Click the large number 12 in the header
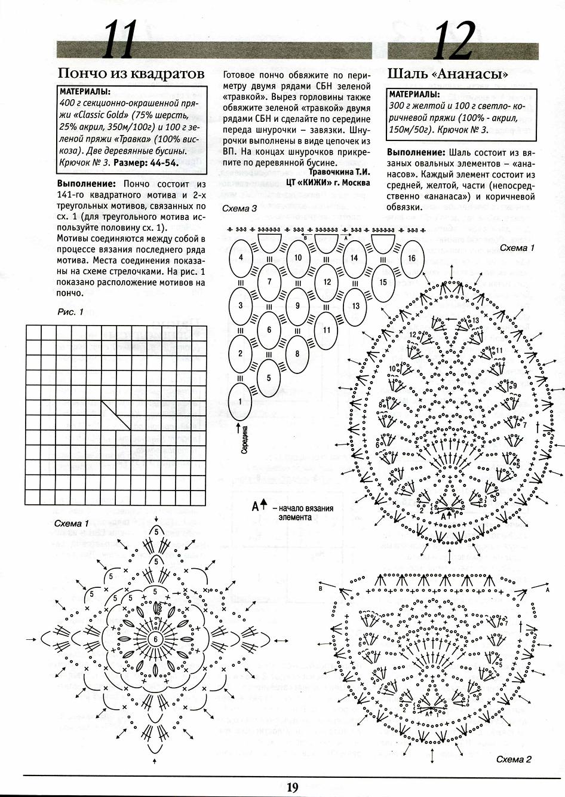[455, 41]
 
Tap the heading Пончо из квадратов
[131, 74]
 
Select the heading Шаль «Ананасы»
[448, 75]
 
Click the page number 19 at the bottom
[292, 787]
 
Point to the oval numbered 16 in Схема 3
[412, 258]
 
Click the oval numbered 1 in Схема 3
[241, 401]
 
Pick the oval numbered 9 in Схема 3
[297, 306]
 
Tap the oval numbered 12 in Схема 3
[326, 282]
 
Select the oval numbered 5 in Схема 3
[269, 378]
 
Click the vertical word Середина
[245, 442]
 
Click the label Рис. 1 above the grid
[70, 312]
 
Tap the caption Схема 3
[239, 209]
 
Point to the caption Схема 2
[514, 760]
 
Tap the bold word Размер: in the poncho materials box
[133, 162]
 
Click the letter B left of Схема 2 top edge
[321, 589]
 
